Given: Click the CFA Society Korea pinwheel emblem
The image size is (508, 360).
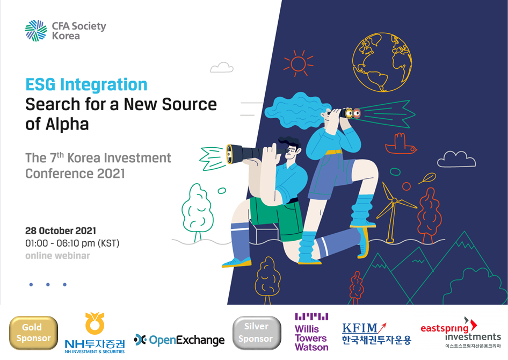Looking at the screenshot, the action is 36,31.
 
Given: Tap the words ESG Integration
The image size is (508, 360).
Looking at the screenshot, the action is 86,84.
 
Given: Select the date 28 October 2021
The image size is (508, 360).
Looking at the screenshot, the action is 61,231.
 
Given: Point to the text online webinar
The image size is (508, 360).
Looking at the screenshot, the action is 57,256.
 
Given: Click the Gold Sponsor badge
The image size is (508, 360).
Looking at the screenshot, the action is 33,333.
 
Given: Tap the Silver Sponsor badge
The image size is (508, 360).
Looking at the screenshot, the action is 257,333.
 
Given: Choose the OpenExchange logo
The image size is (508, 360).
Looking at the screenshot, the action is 179,340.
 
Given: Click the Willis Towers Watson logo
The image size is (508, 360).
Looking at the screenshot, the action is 311,332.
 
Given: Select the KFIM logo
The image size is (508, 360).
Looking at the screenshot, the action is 376,334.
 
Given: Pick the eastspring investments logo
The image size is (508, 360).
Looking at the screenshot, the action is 460,333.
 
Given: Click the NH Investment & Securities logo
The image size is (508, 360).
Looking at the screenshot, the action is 95,333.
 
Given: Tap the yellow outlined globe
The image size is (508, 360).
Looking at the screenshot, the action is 382,62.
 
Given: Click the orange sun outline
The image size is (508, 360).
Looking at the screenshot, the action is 298,63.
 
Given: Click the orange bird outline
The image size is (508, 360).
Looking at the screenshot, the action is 401,144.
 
